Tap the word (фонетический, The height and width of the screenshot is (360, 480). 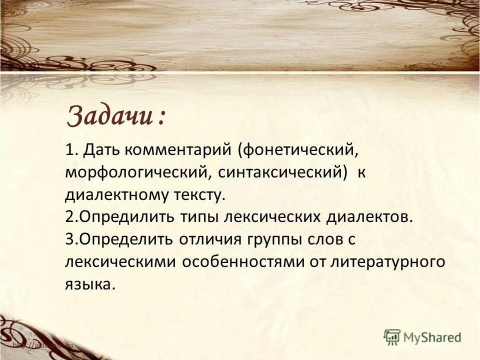click(x=298, y=149)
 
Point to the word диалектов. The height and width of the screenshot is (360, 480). click(x=371, y=217)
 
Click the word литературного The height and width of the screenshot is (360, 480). click(x=387, y=262)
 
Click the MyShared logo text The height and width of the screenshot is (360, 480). click(x=432, y=337)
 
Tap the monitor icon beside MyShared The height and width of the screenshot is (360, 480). click(x=392, y=337)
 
